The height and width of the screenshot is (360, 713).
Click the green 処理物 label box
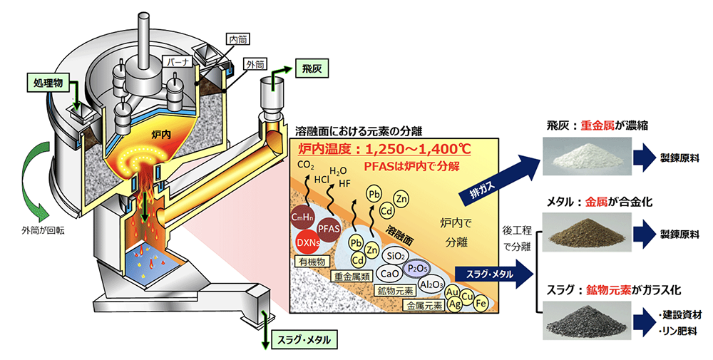coord(48,83)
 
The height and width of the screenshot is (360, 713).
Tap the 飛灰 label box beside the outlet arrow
coord(312,69)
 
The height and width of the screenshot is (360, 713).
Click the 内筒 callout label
coord(238,40)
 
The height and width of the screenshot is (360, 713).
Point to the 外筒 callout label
coord(255,64)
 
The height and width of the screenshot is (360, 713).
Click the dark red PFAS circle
coord(329,229)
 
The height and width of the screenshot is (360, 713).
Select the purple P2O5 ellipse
coord(417,269)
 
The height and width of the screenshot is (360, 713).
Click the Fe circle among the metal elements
coord(481,302)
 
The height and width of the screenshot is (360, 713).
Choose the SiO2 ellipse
coord(394,256)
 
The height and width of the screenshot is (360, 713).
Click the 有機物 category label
coord(312,262)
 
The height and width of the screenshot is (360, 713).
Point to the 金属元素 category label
coord(424,305)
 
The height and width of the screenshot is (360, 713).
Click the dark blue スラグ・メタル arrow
coord(493,274)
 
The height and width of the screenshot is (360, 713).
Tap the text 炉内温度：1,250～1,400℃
coord(384,149)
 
